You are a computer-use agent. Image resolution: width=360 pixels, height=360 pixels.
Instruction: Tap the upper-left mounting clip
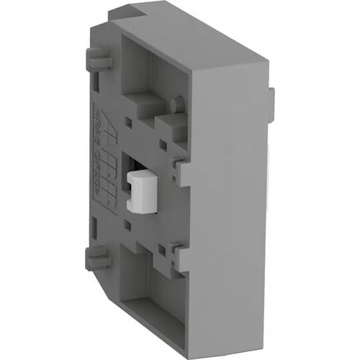coord(97,57)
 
